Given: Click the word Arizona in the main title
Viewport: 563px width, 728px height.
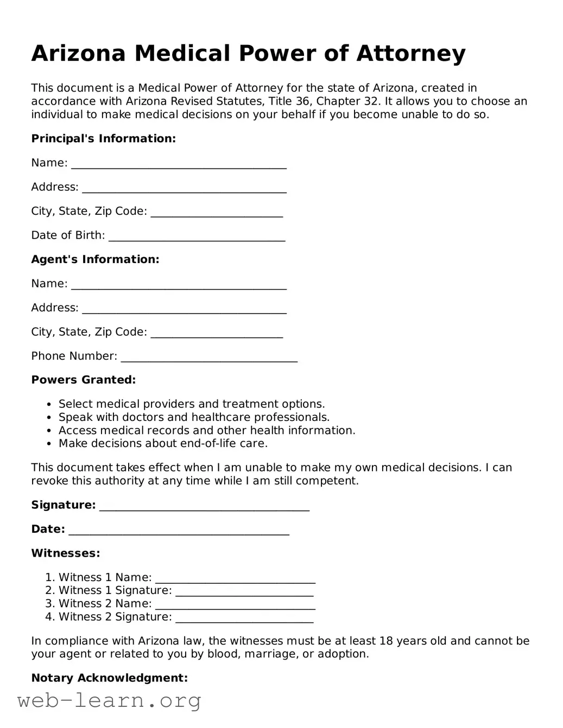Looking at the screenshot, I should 79,54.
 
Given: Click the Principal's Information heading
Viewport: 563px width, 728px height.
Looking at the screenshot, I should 103,139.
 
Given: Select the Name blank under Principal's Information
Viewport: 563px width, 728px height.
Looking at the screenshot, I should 179,164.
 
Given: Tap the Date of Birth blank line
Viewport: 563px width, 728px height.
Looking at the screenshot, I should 197,236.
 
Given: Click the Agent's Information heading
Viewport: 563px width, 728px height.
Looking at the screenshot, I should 95,259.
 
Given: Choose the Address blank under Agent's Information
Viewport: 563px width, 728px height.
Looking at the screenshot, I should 184,309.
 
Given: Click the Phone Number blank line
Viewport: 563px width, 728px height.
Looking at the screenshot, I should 209,357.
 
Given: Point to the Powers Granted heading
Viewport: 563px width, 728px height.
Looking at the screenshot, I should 83,380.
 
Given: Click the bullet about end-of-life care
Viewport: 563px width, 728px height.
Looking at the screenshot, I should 163,444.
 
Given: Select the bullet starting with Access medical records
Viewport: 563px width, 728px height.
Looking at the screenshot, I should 206,431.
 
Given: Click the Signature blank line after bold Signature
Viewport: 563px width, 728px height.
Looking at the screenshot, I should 204,506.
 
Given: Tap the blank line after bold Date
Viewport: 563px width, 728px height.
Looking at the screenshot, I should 179,530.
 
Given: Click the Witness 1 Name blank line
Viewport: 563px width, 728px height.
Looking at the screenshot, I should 235,578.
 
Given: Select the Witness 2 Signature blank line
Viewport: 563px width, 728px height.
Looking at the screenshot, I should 244,618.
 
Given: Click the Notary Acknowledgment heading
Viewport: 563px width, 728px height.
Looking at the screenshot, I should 109,678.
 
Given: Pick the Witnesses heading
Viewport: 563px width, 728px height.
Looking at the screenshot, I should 65,553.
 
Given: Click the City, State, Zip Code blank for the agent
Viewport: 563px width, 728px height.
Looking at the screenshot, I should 217,333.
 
